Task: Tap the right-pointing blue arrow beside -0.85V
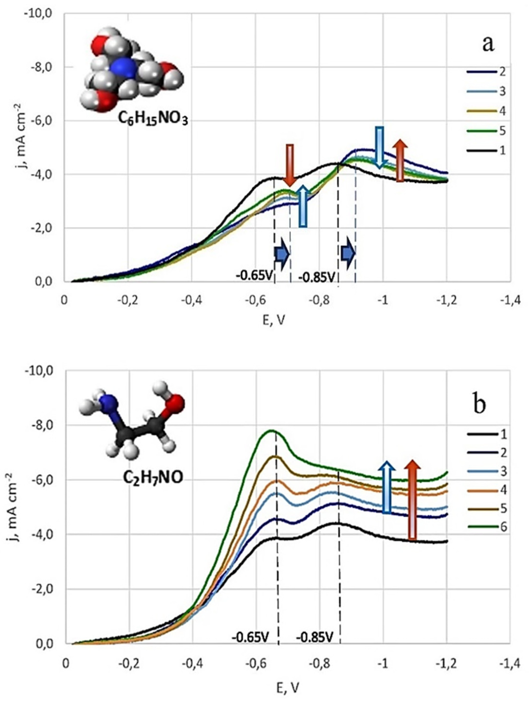(348, 253)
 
